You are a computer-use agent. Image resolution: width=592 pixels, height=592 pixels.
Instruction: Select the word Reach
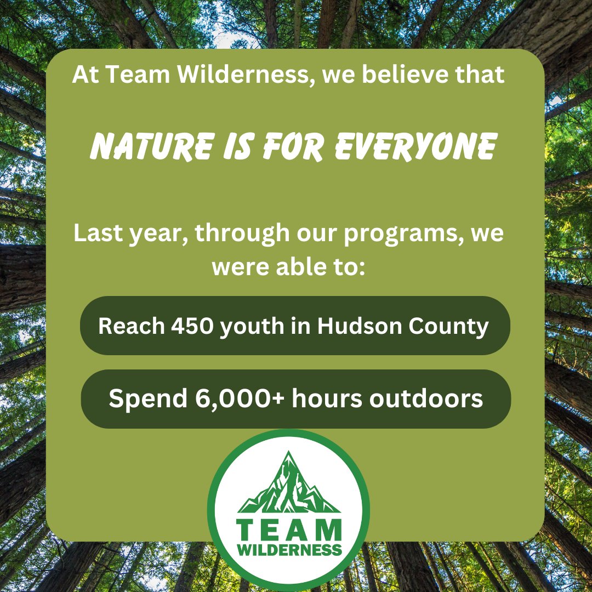click(x=131, y=327)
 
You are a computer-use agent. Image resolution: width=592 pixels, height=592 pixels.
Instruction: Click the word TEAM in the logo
click(x=289, y=530)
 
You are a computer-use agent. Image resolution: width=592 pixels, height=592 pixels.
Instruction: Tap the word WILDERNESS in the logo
click(x=289, y=549)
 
